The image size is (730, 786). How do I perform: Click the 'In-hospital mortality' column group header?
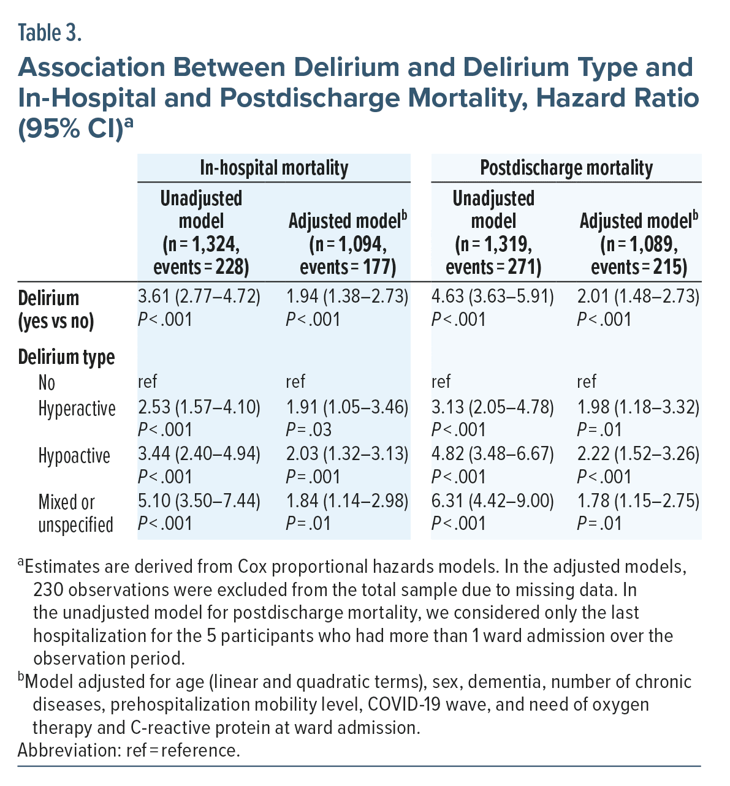274,168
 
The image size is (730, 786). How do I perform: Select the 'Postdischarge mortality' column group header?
566,168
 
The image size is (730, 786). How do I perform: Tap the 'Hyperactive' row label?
77,409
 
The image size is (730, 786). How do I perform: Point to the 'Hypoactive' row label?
74,456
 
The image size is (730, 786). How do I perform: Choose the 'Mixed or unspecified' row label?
75,513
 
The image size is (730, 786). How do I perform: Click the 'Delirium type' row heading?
66,357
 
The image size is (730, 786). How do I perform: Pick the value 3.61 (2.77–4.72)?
199,297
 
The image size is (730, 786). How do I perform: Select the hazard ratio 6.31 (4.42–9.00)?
493,501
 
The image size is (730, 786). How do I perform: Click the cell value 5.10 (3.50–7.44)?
199,501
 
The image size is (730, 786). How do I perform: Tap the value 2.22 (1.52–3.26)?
638,454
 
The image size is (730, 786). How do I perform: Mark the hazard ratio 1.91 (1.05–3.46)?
347,407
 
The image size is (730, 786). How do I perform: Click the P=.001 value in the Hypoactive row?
313,477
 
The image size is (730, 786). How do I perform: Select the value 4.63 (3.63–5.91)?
493,297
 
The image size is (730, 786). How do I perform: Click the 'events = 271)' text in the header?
493,268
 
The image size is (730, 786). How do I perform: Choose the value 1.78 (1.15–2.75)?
638,501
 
